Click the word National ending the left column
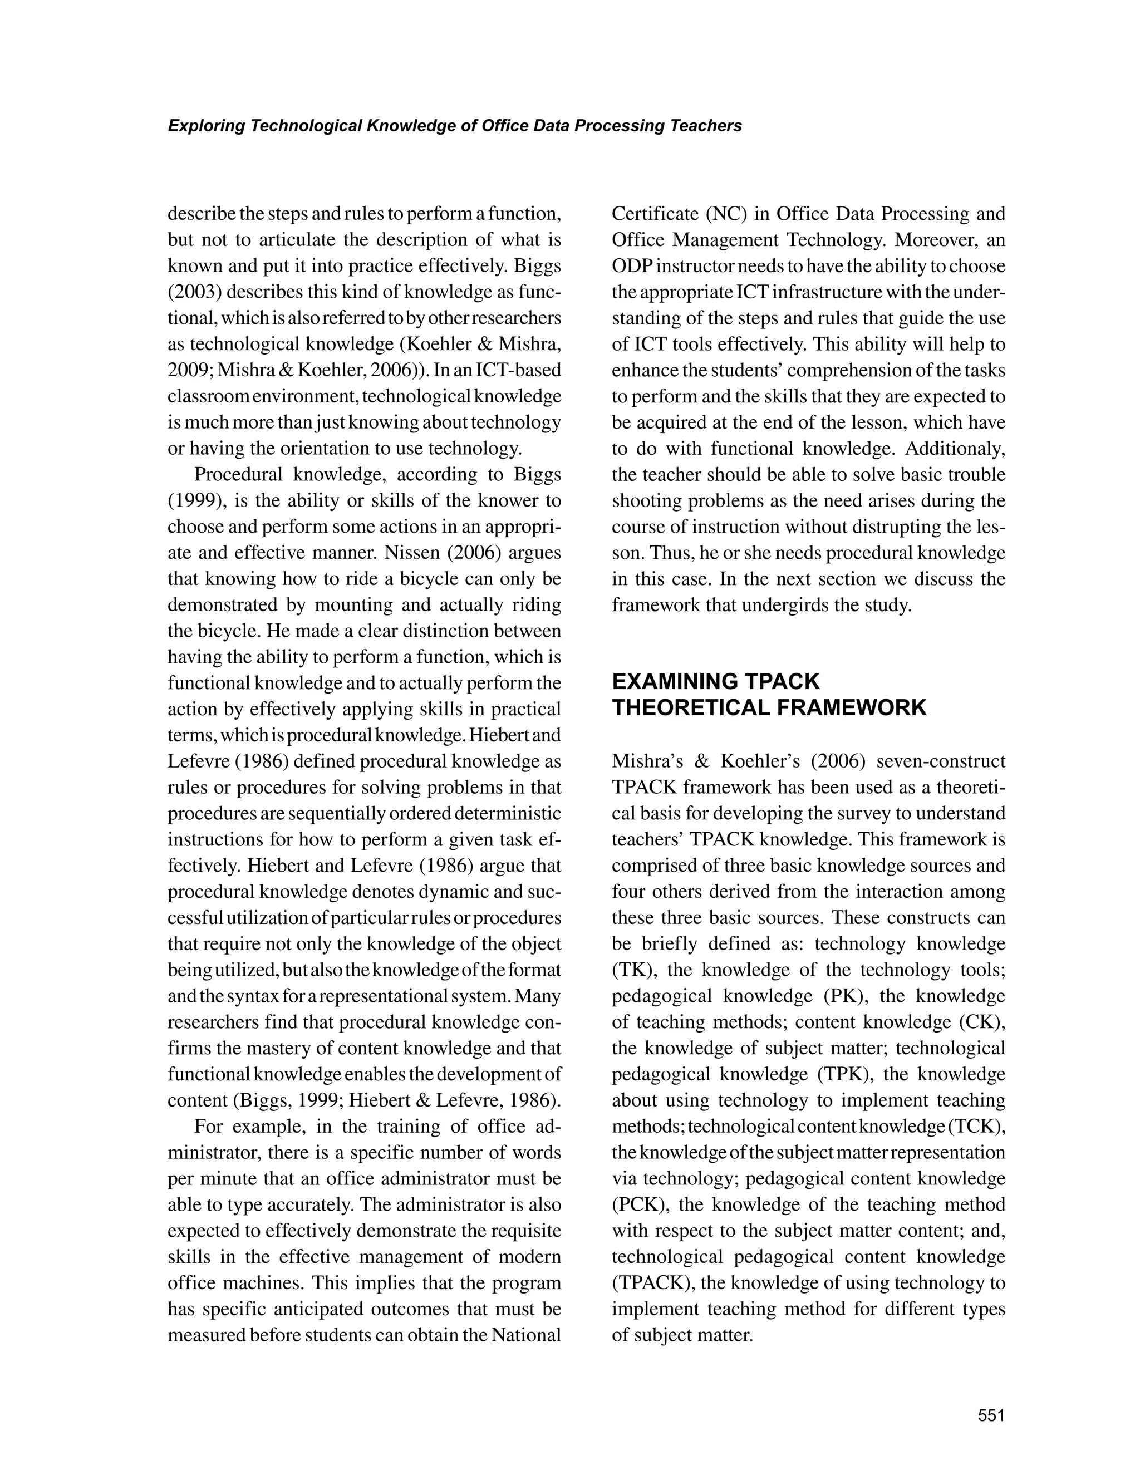point(526,1335)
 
